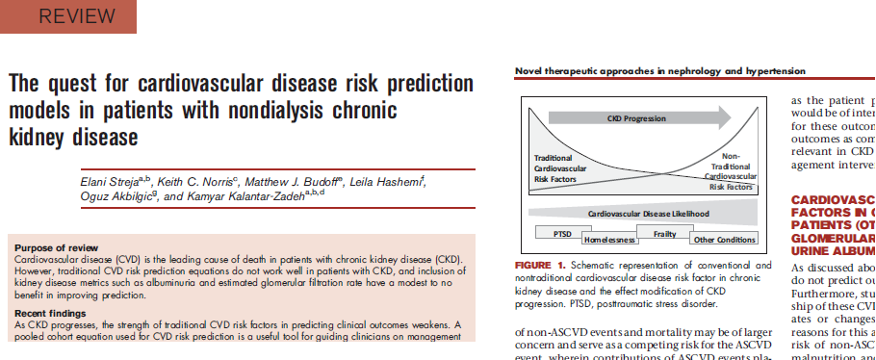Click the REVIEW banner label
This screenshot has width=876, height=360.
pos(68,16)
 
